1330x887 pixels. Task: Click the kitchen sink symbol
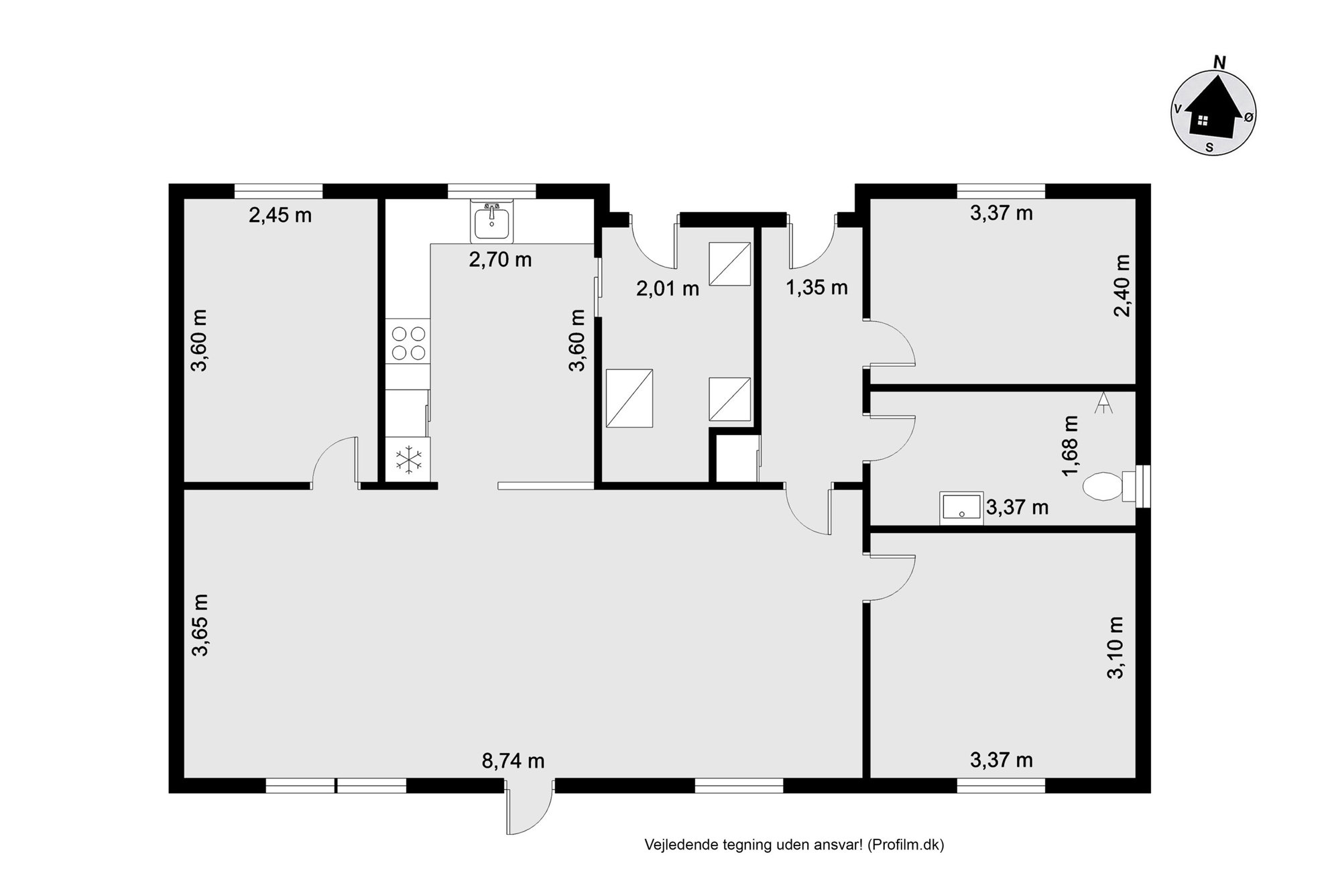[x=493, y=221]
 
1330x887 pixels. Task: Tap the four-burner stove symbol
[x=408, y=343]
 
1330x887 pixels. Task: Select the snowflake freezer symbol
[x=408, y=460]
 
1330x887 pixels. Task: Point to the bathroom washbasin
[x=961, y=508]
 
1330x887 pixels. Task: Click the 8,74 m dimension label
[x=513, y=761]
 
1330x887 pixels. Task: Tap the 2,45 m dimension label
[x=280, y=215]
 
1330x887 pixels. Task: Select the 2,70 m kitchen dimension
[x=500, y=259]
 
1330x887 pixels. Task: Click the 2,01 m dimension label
[x=668, y=289]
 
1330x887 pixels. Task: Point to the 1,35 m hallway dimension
[x=817, y=288]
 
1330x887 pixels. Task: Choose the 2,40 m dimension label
[x=1122, y=286]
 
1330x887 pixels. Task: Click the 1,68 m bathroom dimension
[x=1071, y=446]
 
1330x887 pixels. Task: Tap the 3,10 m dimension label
[x=1115, y=648]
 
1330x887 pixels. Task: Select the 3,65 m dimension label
[x=200, y=624]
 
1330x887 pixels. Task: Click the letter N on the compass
[x=1220, y=62]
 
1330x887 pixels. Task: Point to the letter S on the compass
[x=1209, y=147]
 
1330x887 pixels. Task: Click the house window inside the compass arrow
[x=1203, y=121]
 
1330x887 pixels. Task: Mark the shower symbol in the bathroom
[x=1103, y=402]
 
